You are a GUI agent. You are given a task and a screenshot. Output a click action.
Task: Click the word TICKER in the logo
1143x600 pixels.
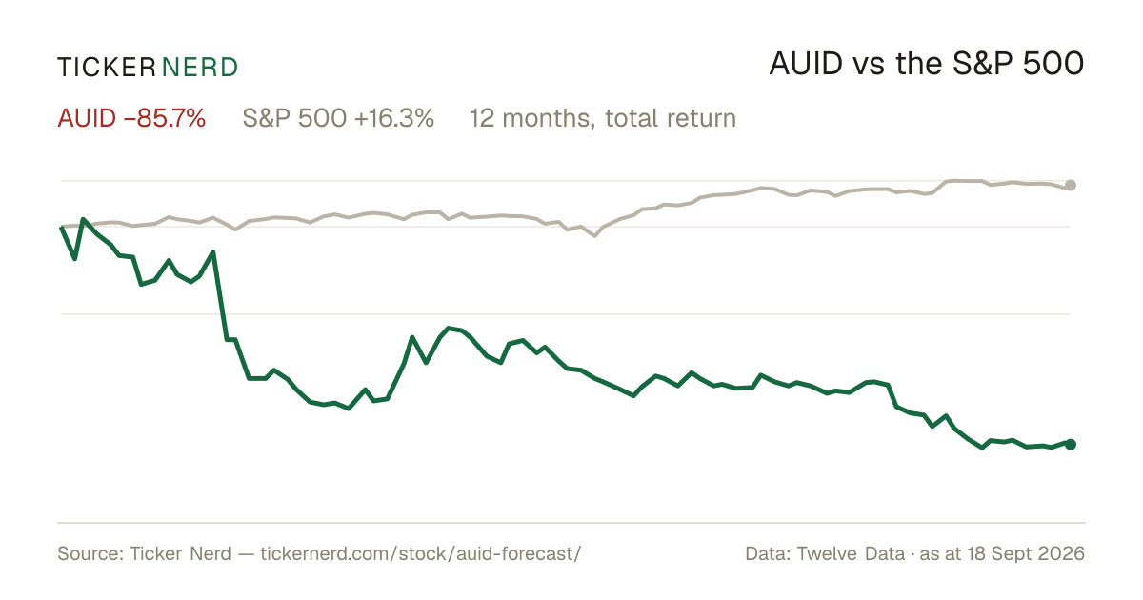(107, 68)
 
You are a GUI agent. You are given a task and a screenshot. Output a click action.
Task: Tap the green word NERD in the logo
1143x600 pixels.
(199, 68)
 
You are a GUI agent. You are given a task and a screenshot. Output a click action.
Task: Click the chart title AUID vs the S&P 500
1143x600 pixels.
(926, 64)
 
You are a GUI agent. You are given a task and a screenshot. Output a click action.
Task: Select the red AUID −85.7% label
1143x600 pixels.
(131, 118)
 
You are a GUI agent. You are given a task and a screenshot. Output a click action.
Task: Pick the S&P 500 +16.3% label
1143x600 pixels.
(338, 118)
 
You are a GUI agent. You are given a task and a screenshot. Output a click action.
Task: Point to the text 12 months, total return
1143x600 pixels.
(603, 118)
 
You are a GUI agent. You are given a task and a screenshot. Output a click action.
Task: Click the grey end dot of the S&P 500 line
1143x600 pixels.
(1071, 185)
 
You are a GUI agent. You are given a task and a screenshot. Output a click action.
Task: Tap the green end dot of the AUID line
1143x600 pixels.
(1071, 445)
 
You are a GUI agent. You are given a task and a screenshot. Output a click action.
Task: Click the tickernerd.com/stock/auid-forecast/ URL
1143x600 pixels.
(421, 553)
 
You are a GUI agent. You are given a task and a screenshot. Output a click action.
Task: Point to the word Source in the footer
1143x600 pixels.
(88, 553)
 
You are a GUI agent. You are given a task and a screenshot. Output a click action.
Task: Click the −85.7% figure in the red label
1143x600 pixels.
(164, 118)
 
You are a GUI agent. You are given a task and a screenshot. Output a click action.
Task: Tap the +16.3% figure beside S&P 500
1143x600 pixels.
(394, 118)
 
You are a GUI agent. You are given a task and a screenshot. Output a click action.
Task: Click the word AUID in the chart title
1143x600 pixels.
(806, 64)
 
